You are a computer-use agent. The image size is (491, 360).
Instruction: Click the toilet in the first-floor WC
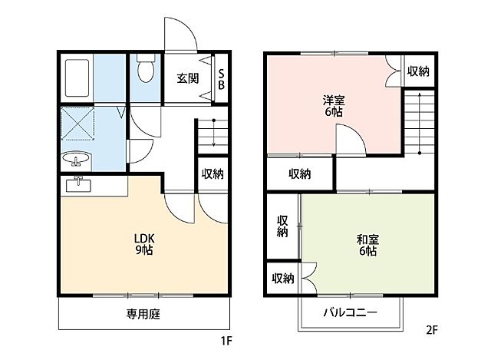pos(143,71)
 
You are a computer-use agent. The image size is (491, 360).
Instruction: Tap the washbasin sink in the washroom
pos(76,160)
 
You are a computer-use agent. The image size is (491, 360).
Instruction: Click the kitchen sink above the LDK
pos(78,185)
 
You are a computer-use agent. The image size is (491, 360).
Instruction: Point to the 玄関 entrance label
pos(187,78)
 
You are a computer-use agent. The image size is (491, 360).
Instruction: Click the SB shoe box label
pos(221,79)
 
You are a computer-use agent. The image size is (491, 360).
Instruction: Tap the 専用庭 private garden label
pos(143,313)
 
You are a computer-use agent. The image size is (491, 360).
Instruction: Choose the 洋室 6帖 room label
pos(332,105)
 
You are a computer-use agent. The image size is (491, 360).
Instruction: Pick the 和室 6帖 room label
pos(366,244)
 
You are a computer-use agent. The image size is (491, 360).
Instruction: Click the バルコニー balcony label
pos(349,313)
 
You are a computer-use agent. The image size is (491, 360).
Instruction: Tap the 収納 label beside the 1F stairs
pos(213,173)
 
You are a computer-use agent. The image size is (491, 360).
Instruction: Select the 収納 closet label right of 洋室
pos(417,71)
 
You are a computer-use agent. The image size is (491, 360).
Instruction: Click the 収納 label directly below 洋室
pos(299,173)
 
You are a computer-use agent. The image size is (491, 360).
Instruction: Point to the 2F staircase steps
pos(420,119)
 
